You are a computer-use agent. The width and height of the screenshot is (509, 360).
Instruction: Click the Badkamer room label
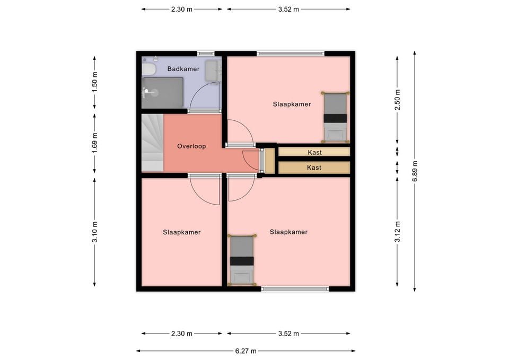click(183, 69)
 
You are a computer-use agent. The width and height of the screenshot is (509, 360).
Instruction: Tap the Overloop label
click(191, 146)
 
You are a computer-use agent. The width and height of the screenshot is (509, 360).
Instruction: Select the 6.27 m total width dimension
click(245, 351)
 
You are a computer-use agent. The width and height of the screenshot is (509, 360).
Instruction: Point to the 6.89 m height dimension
click(415, 171)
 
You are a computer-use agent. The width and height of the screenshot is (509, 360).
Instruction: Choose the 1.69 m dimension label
click(94, 144)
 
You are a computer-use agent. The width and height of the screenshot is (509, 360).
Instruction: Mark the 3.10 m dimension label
click(94, 232)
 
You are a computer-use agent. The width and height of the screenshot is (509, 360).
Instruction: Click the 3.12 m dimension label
click(397, 232)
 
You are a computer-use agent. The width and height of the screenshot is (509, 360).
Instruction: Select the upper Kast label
click(315, 152)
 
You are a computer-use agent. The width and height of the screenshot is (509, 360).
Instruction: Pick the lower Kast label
click(314, 168)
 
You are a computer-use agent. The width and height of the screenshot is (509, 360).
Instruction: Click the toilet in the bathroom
click(148, 68)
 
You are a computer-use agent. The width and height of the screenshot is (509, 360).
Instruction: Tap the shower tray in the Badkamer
click(162, 93)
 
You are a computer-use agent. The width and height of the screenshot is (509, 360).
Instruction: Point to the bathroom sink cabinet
click(213, 70)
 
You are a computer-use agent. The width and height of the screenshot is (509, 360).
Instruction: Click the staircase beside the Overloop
click(152, 143)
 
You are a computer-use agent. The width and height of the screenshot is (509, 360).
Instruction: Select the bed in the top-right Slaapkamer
click(335, 117)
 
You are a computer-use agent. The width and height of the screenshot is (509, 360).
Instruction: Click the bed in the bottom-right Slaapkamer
click(242, 260)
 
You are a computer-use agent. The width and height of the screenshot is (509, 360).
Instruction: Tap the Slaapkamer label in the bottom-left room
click(182, 232)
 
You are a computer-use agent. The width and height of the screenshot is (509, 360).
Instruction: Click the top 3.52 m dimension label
click(288, 10)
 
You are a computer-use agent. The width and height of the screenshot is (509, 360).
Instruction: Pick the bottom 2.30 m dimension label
click(182, 333)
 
